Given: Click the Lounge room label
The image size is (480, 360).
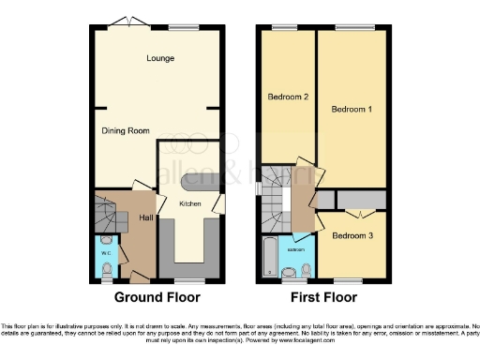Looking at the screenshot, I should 160,59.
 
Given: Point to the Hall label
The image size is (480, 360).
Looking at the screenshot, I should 146,218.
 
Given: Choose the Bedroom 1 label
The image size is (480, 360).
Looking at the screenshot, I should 352,111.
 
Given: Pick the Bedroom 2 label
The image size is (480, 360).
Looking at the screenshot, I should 288,97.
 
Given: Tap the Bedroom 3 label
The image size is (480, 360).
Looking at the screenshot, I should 353,236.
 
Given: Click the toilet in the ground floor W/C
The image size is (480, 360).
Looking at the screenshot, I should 106,270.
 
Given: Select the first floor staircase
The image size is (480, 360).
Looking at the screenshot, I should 278,197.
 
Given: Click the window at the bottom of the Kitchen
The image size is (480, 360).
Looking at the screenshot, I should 188,281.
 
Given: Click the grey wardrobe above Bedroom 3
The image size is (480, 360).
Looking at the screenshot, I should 361,199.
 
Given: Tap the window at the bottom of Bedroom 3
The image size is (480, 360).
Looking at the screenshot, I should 352,281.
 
